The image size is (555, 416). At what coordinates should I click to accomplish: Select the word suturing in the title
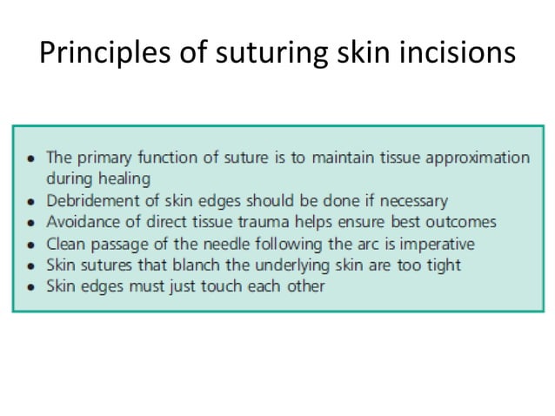point(259,54)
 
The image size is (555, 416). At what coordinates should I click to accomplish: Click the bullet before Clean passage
point(31,245)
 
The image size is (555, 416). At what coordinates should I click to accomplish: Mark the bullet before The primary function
point(31,159)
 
